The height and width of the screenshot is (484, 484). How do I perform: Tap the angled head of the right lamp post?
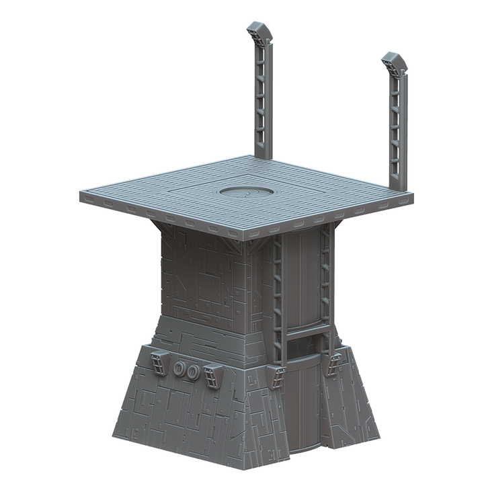(x=394, y=64)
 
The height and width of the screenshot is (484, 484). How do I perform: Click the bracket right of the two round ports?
(x=214, y=376)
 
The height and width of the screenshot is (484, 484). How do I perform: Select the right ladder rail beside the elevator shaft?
(x=325, y=276)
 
